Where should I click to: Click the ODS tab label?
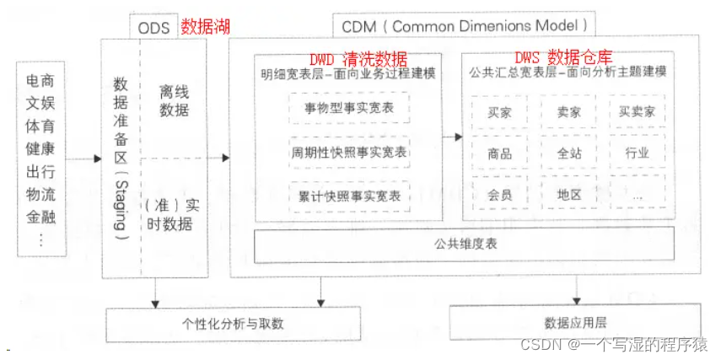[x=153, y=27]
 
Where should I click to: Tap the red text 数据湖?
[x=205, y=26]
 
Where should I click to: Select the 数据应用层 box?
[x=576, y=322]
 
